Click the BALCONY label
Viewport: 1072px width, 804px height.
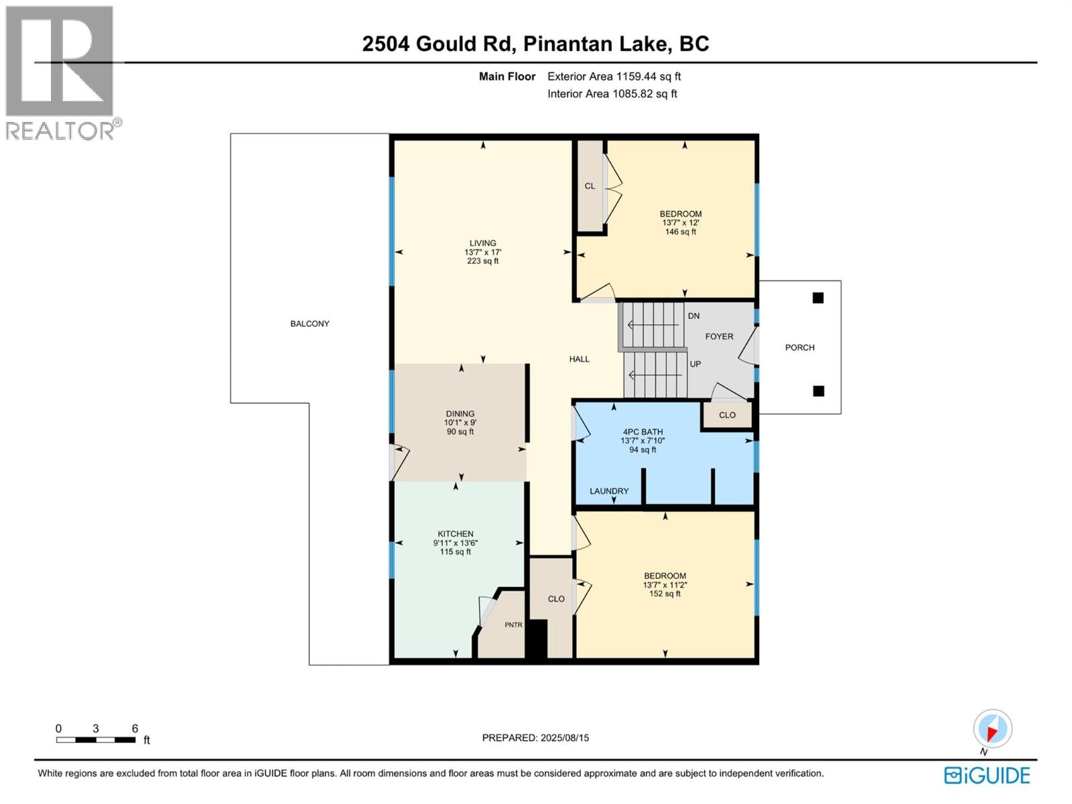pos(310,324)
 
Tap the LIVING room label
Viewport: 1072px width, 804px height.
pos(482,243)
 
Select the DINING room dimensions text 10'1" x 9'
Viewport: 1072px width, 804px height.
pos(460,423)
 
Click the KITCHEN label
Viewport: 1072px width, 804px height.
pos(456,534)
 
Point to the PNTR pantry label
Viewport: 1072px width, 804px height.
pos(513,625)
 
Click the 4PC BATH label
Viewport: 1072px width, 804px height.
pos(642,432)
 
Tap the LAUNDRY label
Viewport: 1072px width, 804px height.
pos(609,491)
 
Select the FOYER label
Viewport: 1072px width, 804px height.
pos(719,336)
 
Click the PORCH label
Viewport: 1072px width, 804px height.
pos(799,348)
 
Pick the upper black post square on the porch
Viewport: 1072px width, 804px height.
pos(817,298)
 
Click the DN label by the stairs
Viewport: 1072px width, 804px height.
pos(693,316)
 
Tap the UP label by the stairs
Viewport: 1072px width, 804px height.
pos(695,364)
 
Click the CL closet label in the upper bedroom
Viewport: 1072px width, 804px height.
pos(590,186)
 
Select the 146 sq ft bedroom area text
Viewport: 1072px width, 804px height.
pos(680,232)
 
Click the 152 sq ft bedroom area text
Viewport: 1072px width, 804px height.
pos(665,594)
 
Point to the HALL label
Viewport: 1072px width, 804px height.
pos(579,359)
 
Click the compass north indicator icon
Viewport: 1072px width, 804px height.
pos(992,729)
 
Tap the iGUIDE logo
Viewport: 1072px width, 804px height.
pos(987,776)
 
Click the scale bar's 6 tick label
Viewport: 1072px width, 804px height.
pos(135,728)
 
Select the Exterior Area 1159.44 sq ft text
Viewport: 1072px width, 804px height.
pos(614,76)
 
